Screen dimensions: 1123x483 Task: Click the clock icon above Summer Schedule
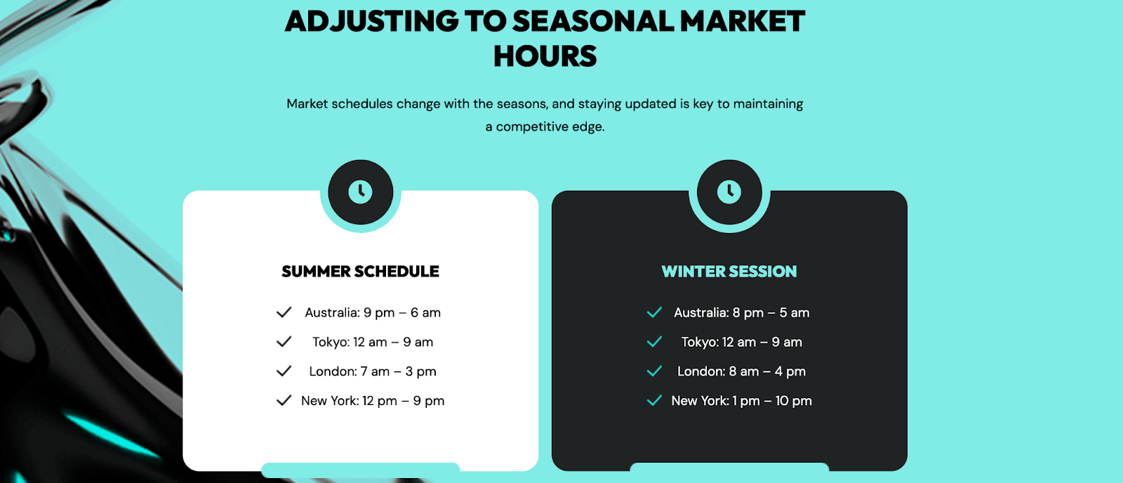tap(361, 192)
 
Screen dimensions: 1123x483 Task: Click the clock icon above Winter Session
tap(729, 192)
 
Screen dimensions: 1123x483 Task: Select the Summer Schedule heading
tap(360, 272)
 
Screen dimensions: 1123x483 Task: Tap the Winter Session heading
tap(729, 272)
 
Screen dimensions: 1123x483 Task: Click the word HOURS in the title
tap(545, 56)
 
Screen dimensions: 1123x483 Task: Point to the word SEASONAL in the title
tap(593, 21)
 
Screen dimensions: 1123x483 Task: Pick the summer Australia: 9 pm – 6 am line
tap(373, 312)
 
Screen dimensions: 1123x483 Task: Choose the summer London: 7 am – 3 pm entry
tap(373, 371)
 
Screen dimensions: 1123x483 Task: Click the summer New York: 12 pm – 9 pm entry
tap(373, 401)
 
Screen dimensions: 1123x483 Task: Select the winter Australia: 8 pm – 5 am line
tap(741, 312)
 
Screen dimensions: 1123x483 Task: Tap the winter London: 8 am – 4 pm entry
tap(741, 371)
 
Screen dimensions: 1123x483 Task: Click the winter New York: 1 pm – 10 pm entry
tap(741, 401)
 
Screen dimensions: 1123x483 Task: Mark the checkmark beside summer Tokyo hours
tap(284, 342)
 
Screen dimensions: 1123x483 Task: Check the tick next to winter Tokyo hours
tap(654, 342)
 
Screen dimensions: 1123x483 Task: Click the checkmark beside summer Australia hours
tap(284, 312)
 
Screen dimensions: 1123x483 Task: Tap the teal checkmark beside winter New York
tap(654, 400)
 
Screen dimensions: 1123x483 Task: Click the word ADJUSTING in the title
tap(371, 21)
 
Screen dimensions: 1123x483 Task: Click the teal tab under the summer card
tap(361, 470)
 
